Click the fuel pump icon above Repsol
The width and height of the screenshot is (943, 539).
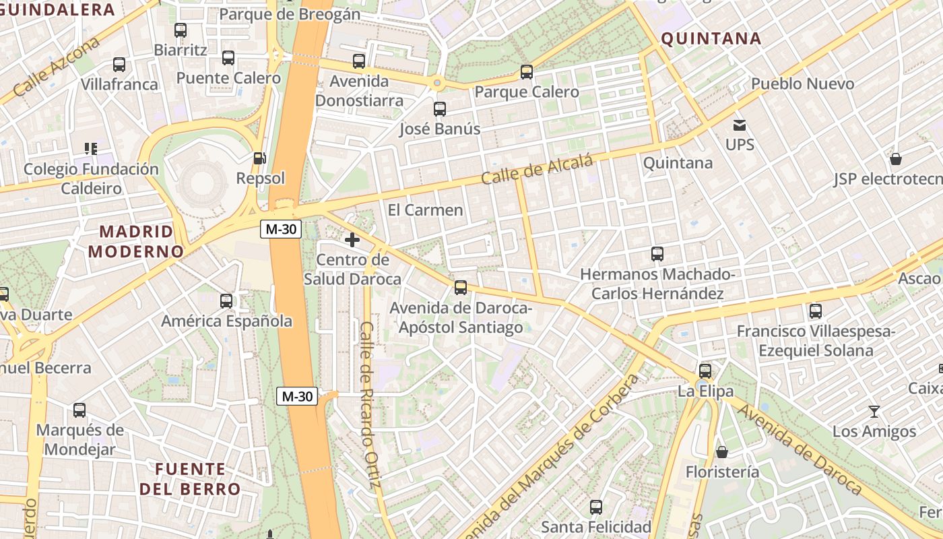click(259, 158)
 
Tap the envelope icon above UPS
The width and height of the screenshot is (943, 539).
click(740, 125)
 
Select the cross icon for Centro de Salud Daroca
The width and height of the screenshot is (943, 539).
click(352, 239)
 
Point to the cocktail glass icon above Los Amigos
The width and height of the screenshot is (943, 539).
click(874, 411)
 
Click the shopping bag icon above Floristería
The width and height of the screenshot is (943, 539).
click(721, 451)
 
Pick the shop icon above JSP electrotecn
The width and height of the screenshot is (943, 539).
click(896, 159)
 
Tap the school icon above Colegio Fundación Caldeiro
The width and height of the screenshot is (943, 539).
click(91, 148)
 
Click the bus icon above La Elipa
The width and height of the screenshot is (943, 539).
click(705, 371)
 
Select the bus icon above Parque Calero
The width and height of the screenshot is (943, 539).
click(527, 71)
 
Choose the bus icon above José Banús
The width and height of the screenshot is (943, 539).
click(440, 108)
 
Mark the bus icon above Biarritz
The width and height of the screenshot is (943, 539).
click(180, 30)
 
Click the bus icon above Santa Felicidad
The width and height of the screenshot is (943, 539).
click(596, 507)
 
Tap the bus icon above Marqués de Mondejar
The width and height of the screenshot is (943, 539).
click(79, 410)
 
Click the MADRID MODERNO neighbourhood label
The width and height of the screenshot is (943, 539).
click(136, 241)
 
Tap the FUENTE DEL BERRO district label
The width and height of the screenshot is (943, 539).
click(190, 478)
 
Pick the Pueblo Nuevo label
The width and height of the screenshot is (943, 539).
click(802, 84)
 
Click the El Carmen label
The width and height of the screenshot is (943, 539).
click(426, 210)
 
